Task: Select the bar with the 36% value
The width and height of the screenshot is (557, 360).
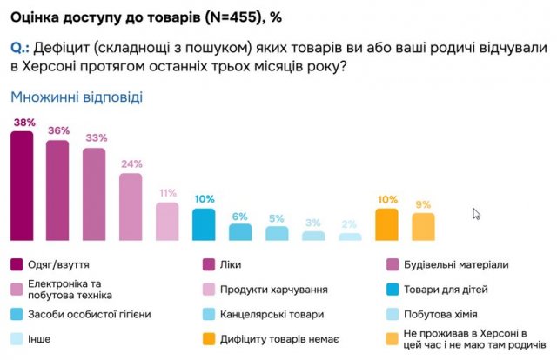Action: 57,190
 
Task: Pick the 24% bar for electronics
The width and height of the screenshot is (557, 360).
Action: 131,207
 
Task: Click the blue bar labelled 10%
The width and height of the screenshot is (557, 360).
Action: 204,223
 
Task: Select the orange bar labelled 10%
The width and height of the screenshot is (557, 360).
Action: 386,223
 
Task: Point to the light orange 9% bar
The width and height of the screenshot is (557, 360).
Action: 423,226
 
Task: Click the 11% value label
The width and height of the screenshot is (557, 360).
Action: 167,193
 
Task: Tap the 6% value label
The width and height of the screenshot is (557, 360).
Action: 240,215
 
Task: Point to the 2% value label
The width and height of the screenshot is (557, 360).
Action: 350,224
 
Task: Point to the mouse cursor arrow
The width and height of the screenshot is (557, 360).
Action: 476,214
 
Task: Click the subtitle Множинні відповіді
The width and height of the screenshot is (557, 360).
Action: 76,97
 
